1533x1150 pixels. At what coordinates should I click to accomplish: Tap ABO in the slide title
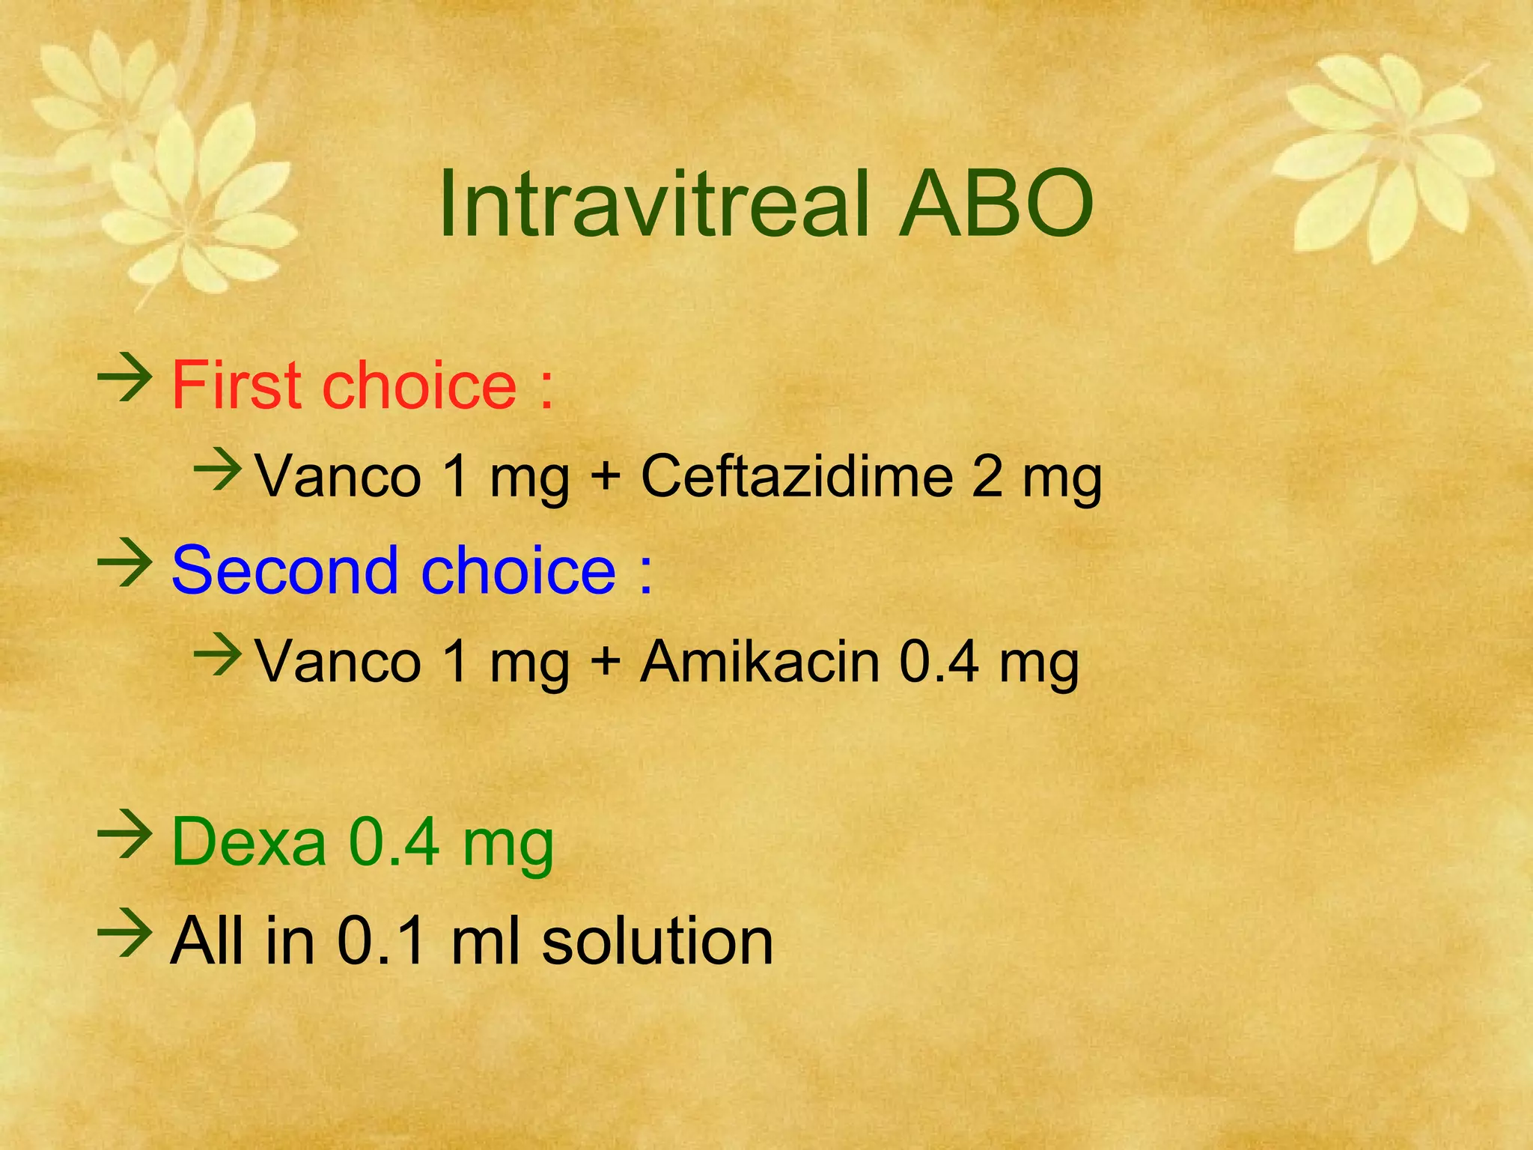coord(997,204)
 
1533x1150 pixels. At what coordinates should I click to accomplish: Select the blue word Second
coord(284,571)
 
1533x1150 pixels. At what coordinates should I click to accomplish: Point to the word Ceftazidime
coord(796,477)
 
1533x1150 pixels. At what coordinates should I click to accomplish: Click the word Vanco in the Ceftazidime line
coord(338,477)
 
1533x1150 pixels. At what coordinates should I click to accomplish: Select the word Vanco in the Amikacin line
coord(338,662)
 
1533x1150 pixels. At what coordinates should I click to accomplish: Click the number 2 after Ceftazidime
coord(987,477)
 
